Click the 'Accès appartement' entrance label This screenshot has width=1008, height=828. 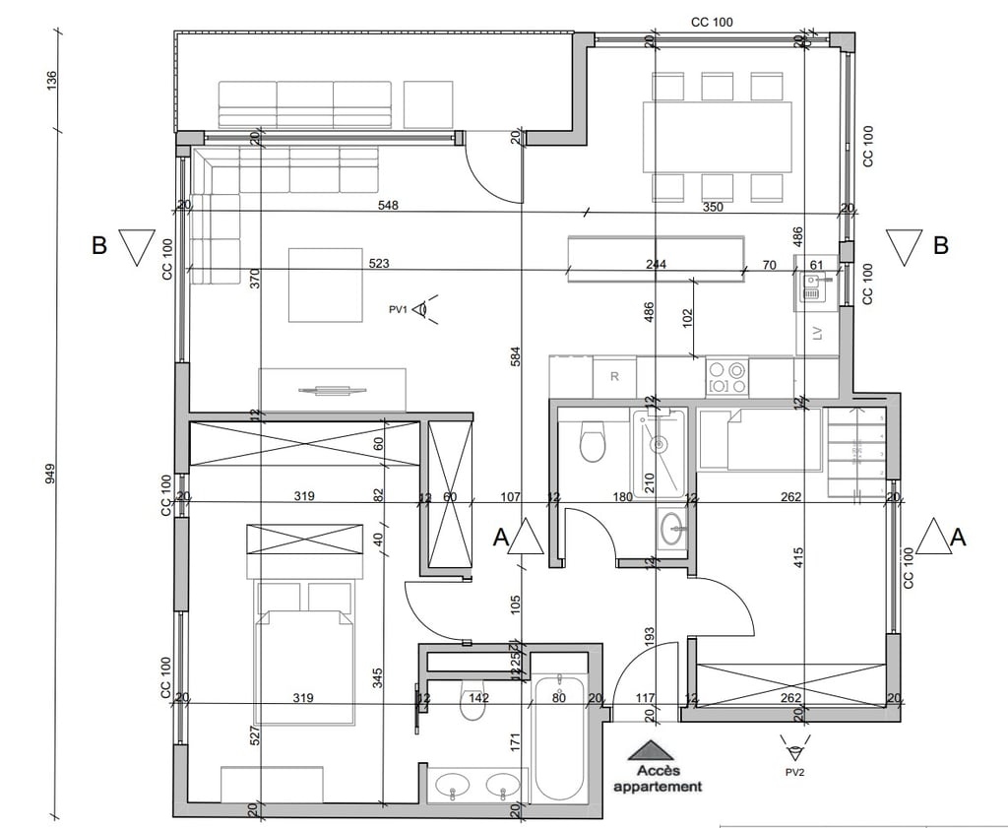tap(658, 779)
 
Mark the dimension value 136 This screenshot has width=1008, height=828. tap(52, 81)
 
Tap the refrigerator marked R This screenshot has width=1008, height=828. tap(614, 377)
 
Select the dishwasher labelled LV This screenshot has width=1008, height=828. tap(816, 335)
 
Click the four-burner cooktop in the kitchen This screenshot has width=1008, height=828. tap(727, 377)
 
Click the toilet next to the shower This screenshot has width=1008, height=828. tap(592, 442)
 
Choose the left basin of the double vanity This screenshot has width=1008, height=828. tap(454, 787)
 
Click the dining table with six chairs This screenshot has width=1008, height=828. tap(717, 137)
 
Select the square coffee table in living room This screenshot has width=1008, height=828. tap(325, 285)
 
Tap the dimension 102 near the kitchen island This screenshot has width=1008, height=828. tap(688, 317)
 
